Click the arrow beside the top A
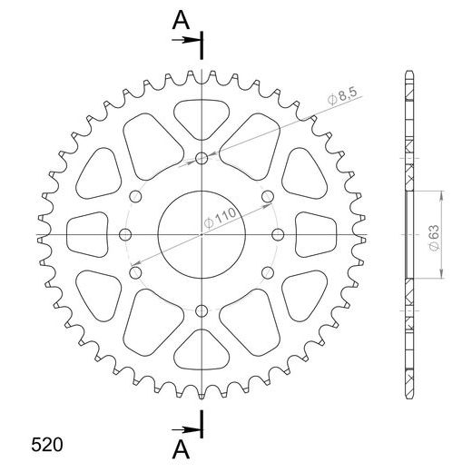pyautogui.click(x=190, y=39)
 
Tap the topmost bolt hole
pyautogui.click(x=202, y=160)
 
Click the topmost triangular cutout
pyautogui.click(x=202, y=116)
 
